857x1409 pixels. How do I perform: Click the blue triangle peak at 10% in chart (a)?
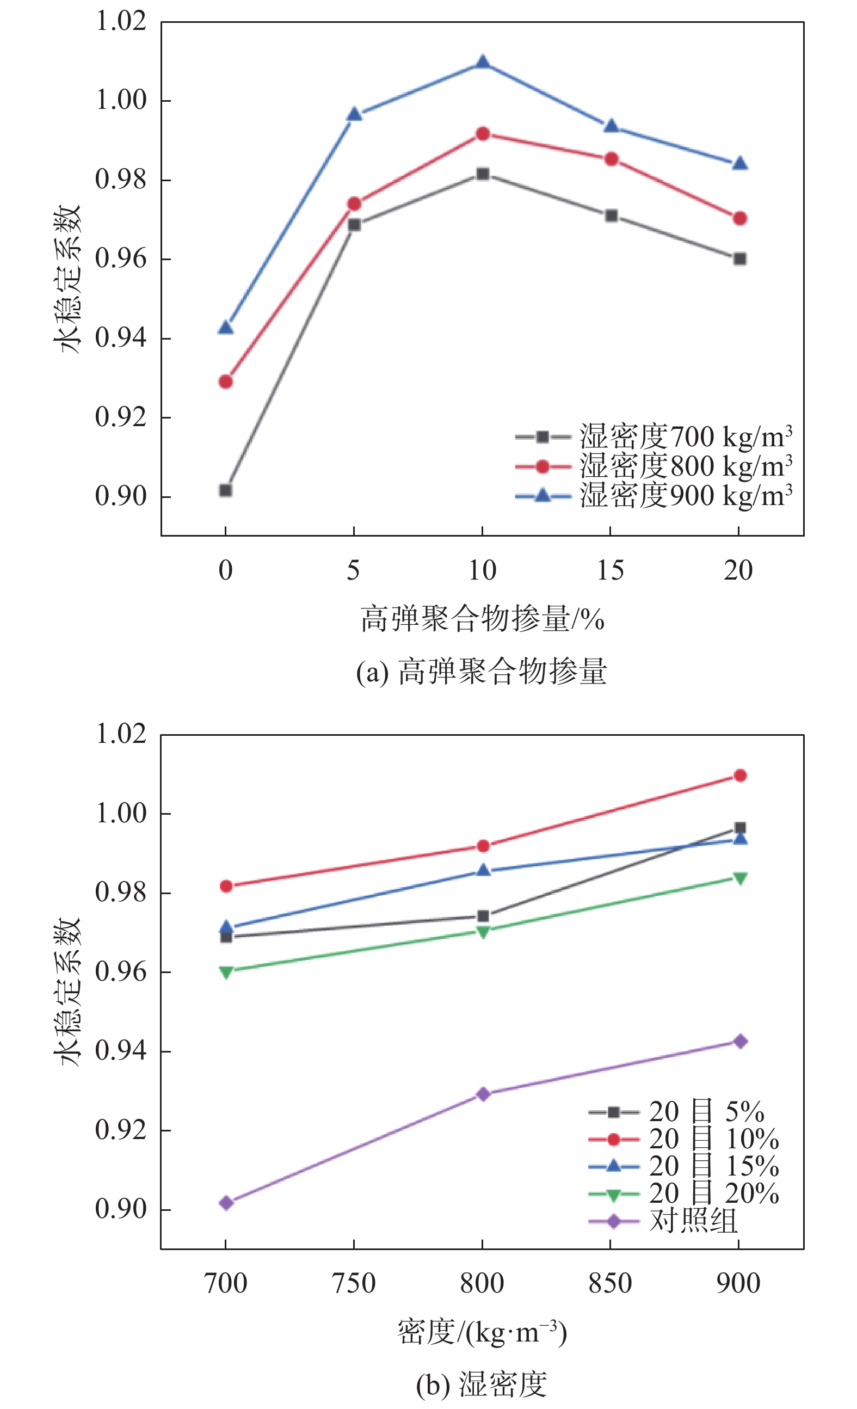click(483, 61)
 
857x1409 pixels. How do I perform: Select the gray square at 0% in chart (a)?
click(226, 490)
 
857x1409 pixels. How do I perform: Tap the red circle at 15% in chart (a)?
click(611, 159)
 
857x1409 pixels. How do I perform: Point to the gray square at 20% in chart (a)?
click(740, 259)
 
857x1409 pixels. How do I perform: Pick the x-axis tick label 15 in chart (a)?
click(611, 571)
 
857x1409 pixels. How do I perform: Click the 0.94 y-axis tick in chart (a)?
click(121, 338)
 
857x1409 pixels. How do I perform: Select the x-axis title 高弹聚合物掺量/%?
click(482, 619)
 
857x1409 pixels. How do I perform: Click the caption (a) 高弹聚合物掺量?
click(482, 672)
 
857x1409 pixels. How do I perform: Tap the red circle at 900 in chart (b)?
click(740, 776)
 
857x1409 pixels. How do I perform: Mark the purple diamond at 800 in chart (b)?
click(483, 1094)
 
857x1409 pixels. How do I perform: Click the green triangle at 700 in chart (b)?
click(226, 972)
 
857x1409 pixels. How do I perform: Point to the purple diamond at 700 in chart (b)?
click(226, 1203)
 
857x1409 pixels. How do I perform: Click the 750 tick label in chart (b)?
click(354, 1284)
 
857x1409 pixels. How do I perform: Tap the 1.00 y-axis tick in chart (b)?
click(121, 813)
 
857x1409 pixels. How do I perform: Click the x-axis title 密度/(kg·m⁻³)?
click(482, 1333)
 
